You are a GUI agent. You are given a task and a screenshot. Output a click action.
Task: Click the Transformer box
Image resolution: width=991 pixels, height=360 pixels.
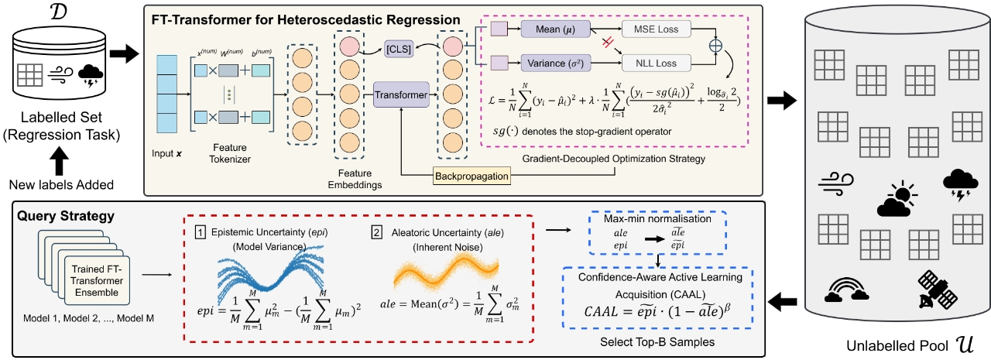(x=401, y=95)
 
